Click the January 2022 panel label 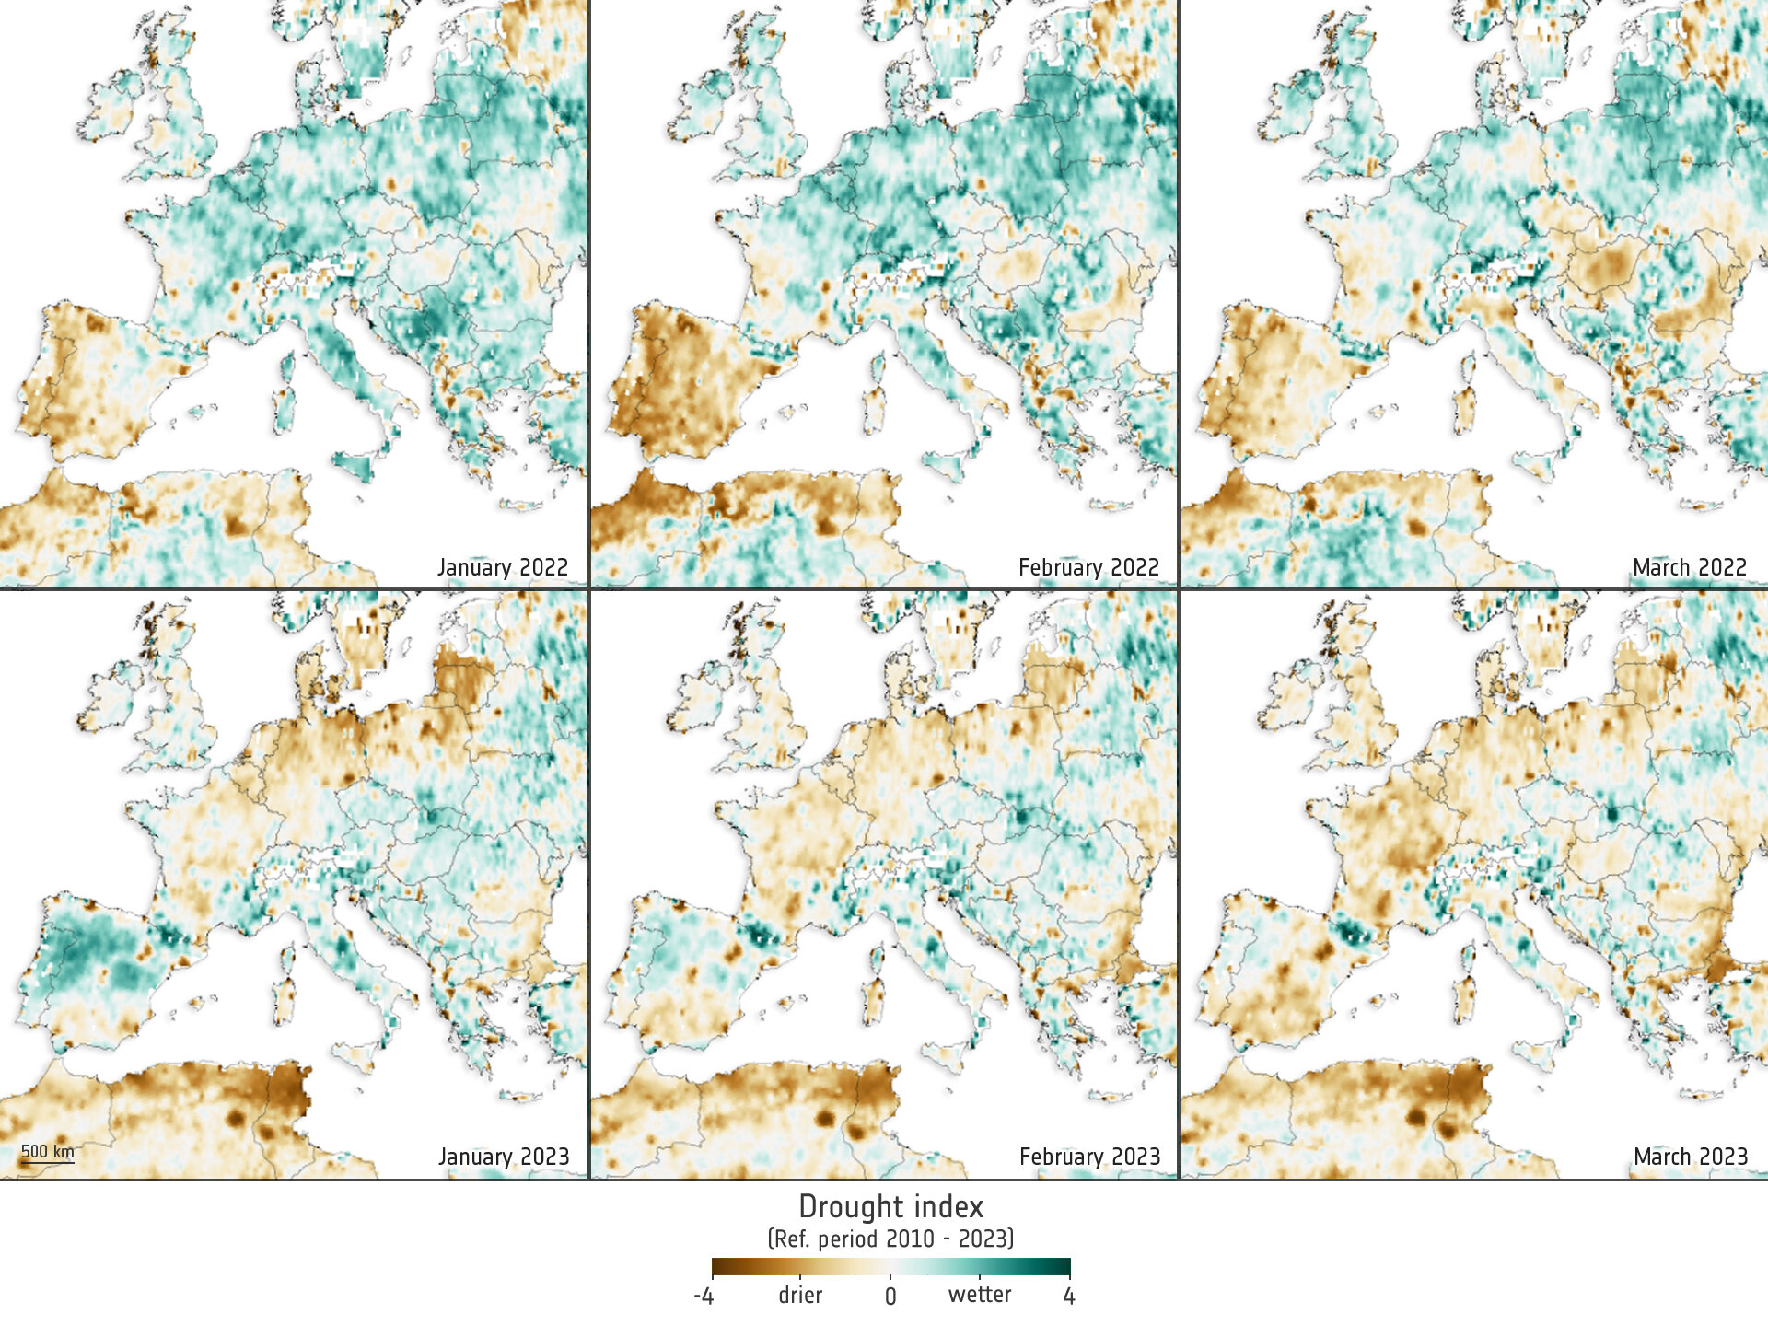[503, 567]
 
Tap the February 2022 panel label [1088, 567]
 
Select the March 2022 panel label [1689, 567]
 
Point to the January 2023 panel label [504, 1157]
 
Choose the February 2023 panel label [1089, 1157]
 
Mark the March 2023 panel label [1690, 1157]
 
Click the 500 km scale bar [47, 1154]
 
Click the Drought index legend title [890, 1207]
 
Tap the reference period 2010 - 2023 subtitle [890, 1239]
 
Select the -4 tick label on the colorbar [704, 1297]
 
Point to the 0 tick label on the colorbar [890, 1297]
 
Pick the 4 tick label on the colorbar [1068, 1297]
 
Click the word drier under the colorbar [800, 1296]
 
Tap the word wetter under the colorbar [980, 1295]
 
